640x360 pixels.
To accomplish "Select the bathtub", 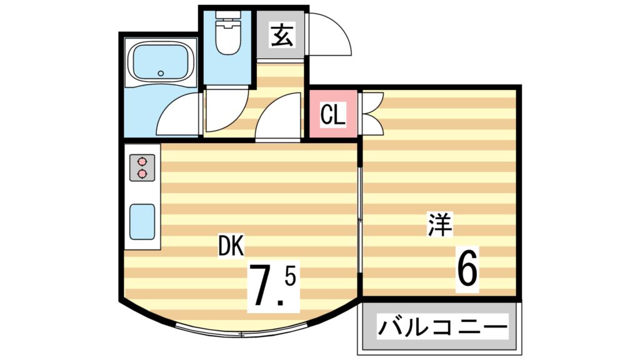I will point(160,63).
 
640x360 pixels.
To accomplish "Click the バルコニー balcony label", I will point(440,327).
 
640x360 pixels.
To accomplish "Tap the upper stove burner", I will point(142,161).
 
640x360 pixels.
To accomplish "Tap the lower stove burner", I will point(142,173).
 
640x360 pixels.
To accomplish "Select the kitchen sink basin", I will point(142,221).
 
